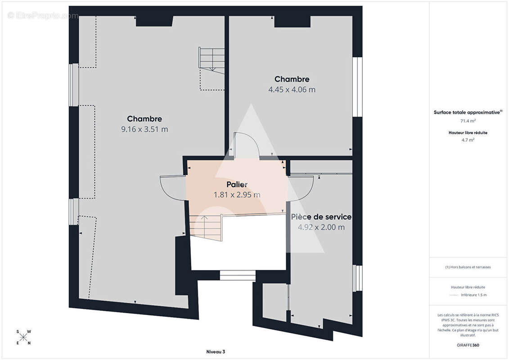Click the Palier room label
(237, 184)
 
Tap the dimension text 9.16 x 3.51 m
(144, 129)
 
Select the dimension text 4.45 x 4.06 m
(292, 90)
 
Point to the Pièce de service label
(321, 217)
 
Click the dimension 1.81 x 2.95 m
(237, 195)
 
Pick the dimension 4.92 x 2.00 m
(321, 227)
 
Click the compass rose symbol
(23, 337)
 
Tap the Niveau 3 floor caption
(216, 351)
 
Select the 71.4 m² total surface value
(468, 121)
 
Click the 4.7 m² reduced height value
(468, 140)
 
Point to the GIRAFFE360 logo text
(468, 345)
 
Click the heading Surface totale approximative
(468, 112)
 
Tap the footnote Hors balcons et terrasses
(468, 267)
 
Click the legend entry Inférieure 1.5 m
(473, 295)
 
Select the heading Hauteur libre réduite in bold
(468, 132)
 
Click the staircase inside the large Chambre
(212, 60)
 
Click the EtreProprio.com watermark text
(43, 16)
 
